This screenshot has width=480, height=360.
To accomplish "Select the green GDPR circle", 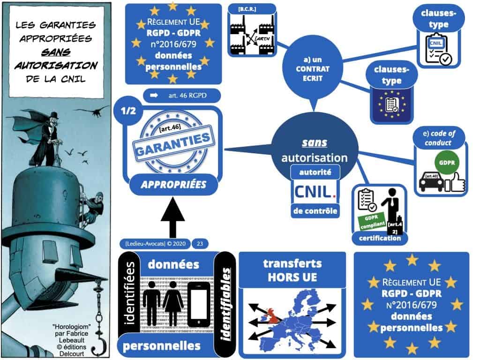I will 444,163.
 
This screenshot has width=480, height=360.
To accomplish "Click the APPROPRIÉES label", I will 174,185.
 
